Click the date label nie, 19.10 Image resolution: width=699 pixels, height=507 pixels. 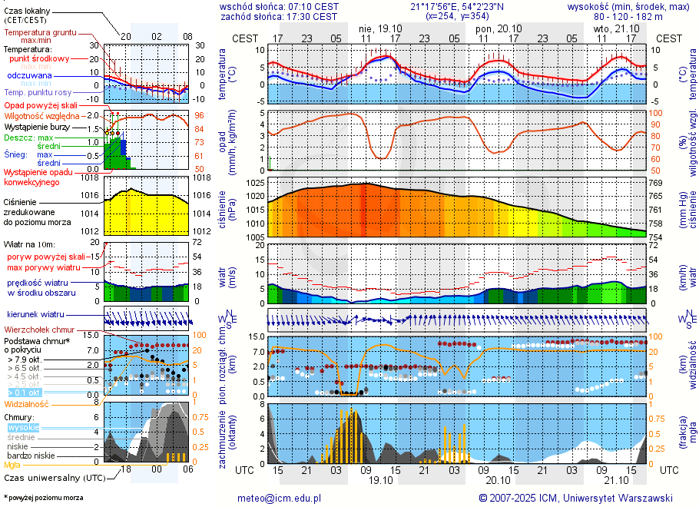point(376,28)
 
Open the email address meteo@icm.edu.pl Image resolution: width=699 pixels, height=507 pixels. point(280,498)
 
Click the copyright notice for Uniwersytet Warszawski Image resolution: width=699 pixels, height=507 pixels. point(575,498)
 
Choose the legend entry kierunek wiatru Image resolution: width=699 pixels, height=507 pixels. point(35,314)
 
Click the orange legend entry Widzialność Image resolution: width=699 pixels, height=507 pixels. point(26,403)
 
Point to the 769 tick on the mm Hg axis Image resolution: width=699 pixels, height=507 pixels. point(655,184)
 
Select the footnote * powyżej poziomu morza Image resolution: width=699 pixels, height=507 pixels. point(43,498)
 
